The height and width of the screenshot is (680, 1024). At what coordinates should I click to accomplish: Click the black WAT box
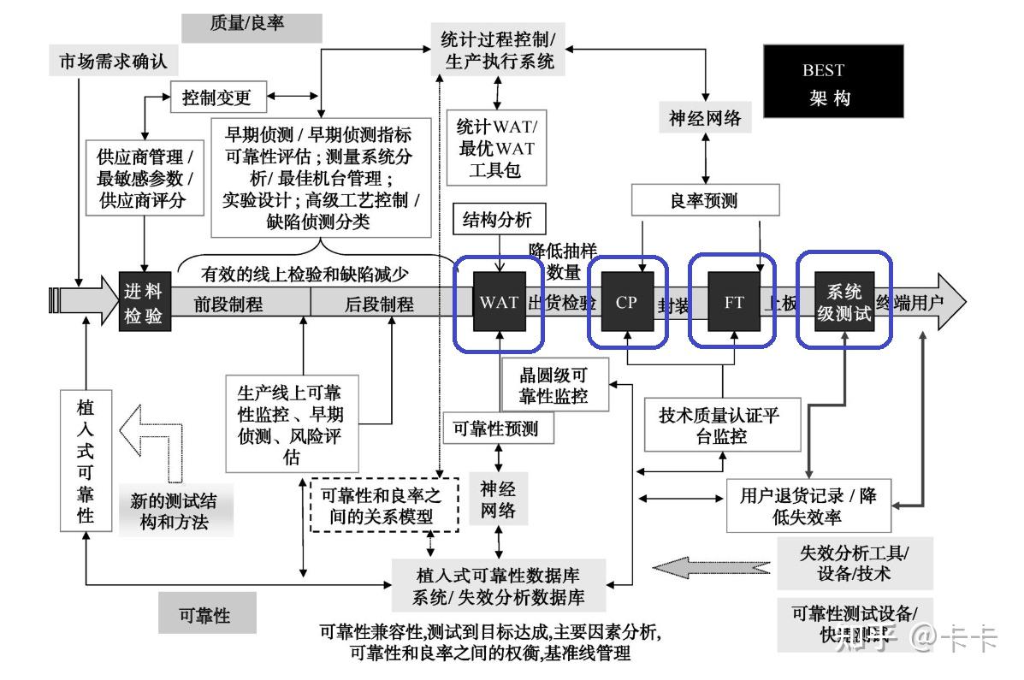click(x=498, y=302)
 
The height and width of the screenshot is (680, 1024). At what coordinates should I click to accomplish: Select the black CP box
click(x=627, y=302)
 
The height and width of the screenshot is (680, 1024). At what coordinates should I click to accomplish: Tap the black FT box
click(x=734, y=302)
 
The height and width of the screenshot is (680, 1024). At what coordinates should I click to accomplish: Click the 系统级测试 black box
click(x=843, y=302)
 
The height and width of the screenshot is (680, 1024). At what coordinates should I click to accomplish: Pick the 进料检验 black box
click(x=142, y=303)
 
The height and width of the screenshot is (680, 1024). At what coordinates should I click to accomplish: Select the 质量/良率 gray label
click(x=252, y=25)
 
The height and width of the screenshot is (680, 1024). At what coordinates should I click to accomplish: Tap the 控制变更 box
click(x=217, y=98)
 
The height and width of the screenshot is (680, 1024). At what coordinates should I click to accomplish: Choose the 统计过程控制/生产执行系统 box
click(x=497, y=50)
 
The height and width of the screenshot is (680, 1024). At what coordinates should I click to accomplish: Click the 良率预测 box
click(x=705, y=201)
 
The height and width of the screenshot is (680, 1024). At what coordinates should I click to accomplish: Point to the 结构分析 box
click(x=497, y=219)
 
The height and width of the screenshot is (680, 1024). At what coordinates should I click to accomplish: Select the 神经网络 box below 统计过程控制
click(x=704, y=117)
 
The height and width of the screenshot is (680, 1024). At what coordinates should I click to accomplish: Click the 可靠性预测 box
click(x=497, y=429)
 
